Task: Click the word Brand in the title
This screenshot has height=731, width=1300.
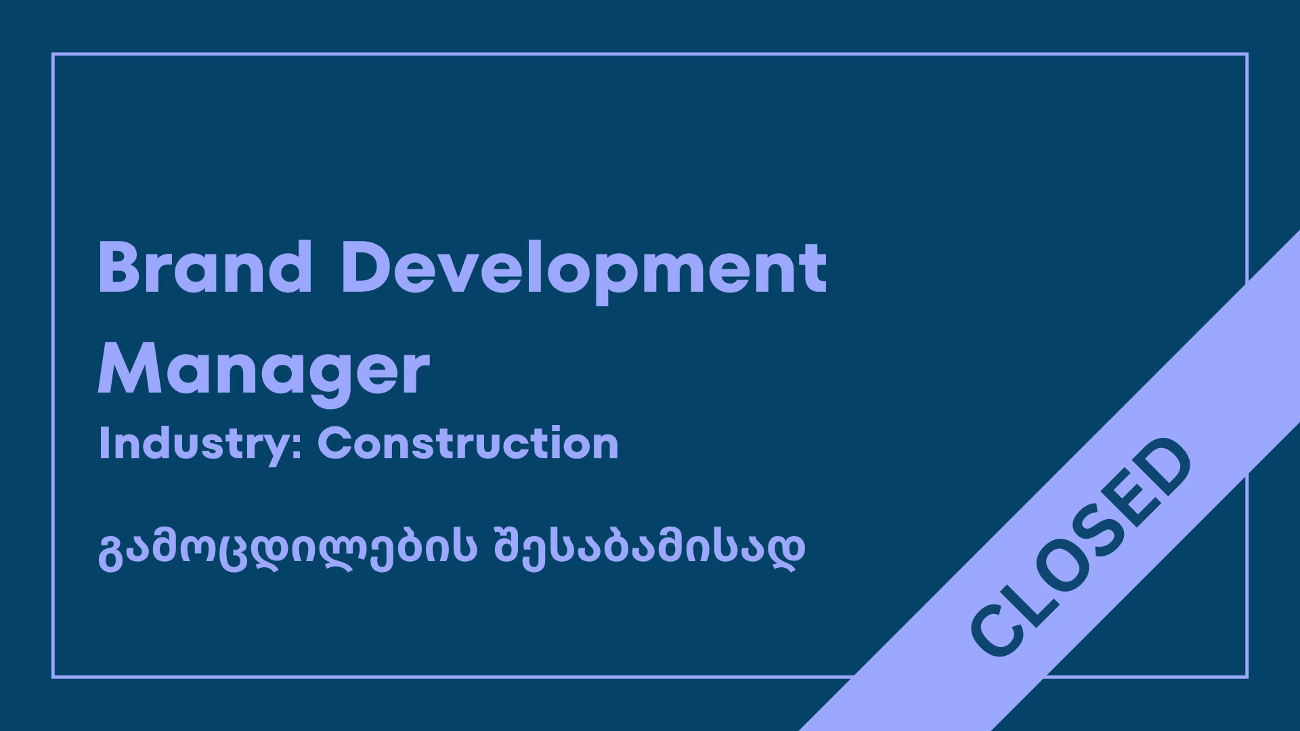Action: pos(205,267)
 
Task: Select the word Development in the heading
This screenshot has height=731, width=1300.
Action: pos(584,271)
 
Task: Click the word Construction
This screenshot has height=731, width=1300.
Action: pos(468,443)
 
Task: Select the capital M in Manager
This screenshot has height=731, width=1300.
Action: pos(131,369)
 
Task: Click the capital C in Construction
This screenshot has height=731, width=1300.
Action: pos(336,443)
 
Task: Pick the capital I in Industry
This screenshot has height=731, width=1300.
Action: pos(104,443)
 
